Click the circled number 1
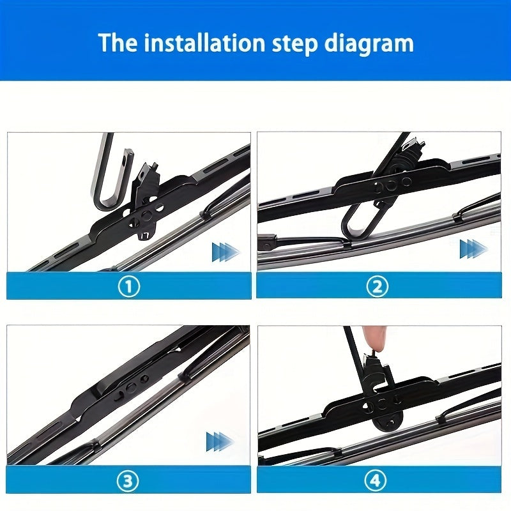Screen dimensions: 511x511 click(x=128, y=286)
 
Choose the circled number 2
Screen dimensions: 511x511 click(x=378, y=286)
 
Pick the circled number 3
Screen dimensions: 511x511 click(x=128, y=479)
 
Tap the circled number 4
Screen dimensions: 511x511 click(x=378, y=479)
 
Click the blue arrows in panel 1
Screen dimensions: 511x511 click(x=225, y=252)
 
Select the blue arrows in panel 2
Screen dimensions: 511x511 click(x=473, y=248)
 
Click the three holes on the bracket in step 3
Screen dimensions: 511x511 click(x=131, y=386)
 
